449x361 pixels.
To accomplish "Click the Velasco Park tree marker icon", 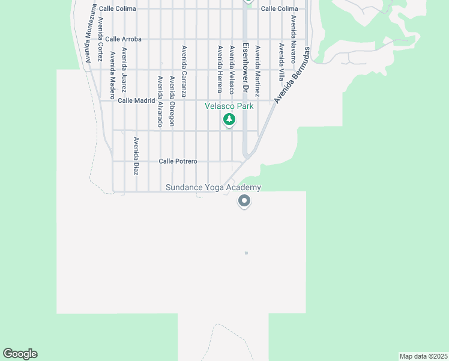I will (x=229, y=120).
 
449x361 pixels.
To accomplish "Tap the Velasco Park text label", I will (x=229, y=106).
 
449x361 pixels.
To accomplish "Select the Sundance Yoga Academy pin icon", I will (x=244, y=201).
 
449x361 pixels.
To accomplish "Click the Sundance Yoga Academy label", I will (x=214, y=188).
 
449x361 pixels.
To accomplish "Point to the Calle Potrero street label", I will (x=178, y=161).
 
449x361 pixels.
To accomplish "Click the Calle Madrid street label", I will (x=136, y=100).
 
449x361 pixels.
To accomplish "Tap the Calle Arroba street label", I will (x=123, y=39).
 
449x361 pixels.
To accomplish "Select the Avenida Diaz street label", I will (x=136, y=156).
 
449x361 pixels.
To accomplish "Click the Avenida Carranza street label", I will (x=184, y=71).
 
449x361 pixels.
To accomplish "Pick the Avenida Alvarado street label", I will (x=160, y=101).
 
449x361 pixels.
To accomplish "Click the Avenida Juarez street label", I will (x=124, y=69).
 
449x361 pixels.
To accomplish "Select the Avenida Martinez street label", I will (x=258, y=72).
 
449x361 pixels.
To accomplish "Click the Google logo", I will (x=20, y=354).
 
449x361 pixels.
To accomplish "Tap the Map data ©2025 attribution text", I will (x=423, y=356).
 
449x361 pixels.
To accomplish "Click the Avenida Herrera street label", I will (x=220, y=69).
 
